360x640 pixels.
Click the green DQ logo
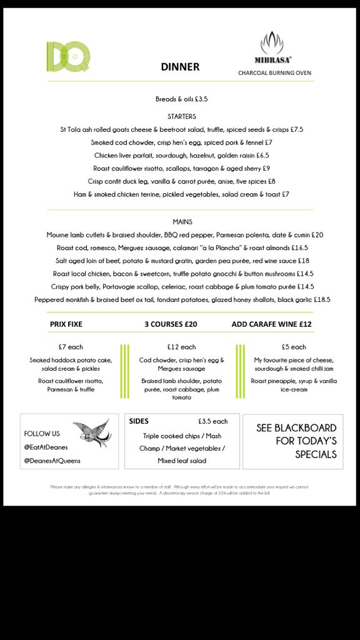pyautogui.click(x=67, y=56)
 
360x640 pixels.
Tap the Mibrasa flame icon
pyautogui.click(x=272, y=43)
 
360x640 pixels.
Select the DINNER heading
pyautogui.click(x=180, y=67)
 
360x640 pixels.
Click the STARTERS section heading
pyautogui.click(x=182, y=116)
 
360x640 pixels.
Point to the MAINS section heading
pyautogui.click(x=182, y=222)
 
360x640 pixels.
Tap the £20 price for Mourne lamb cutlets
pyautogui.click(x=317, y=235)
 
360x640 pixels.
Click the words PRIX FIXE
pyautogui.click(x=66, y=324)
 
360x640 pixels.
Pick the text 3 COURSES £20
pyautogui.click(x=171, y=324)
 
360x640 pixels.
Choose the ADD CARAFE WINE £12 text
pyautogui.click(x=271, y=324)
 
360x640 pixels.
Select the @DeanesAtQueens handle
pyautogui.click(x=52, y=461)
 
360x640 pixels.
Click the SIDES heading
pyautogui.click(x=139, y=421)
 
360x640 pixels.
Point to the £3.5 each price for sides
pyautogui.click(x=212, y=422)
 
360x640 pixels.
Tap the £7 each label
pyautogui.click(x=71, y=347)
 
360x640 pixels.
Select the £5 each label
pyautogui.click(x=294, y=347)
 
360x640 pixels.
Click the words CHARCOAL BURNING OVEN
pyautogui.click(x=274, y=72)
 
